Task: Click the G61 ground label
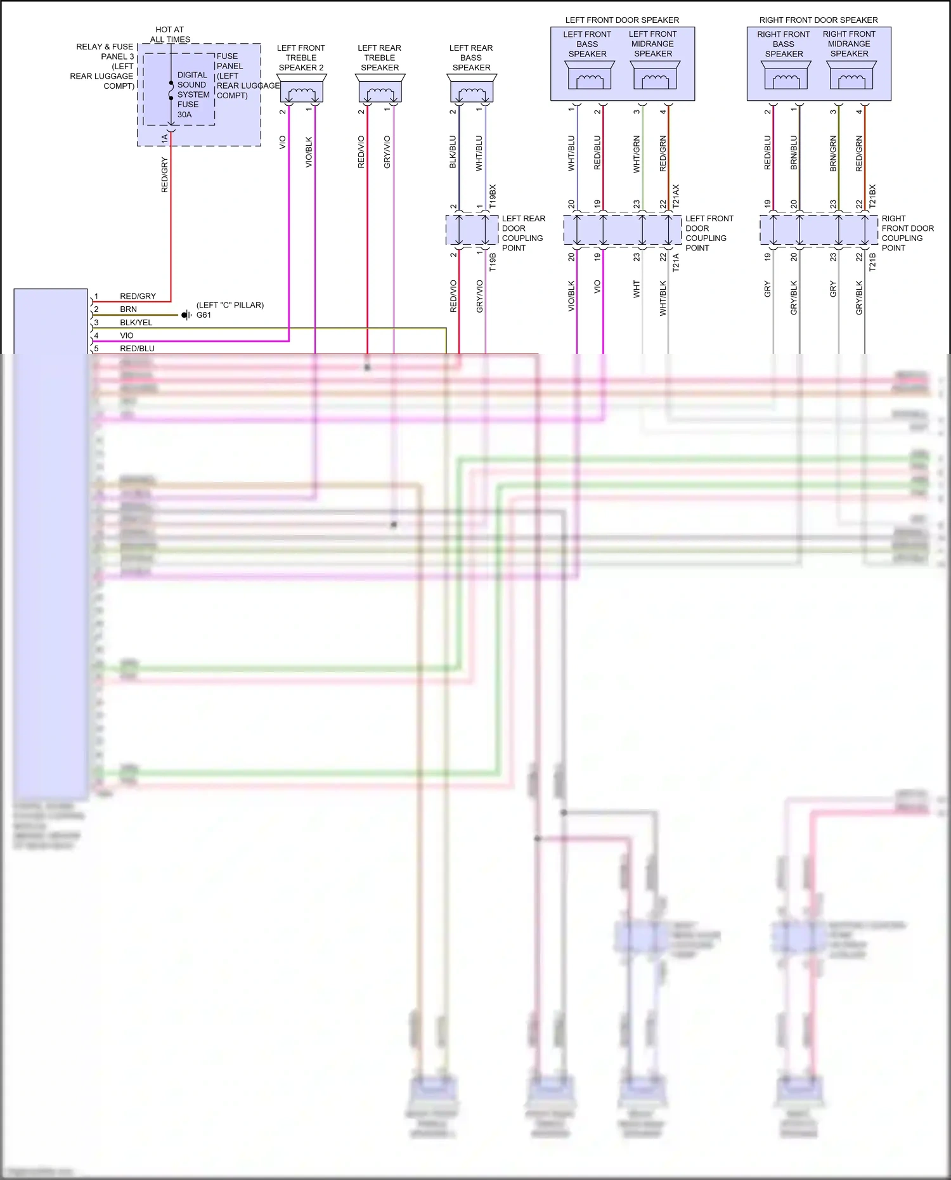pos(204,315)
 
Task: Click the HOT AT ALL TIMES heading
pos(170,34)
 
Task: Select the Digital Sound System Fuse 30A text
pos(193,94)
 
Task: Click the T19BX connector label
pos(493,196)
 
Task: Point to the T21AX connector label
pos(676,196)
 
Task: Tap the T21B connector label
pos(872,262)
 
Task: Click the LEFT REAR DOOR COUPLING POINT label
pos(523,233)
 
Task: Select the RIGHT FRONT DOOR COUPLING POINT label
pos(907,233)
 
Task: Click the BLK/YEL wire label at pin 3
pos(136,323)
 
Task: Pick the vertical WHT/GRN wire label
pos(637,154)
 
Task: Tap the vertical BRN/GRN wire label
pos(833,154)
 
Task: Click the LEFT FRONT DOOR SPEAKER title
pos(622,20)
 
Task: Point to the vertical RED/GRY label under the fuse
pos(165,175)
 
